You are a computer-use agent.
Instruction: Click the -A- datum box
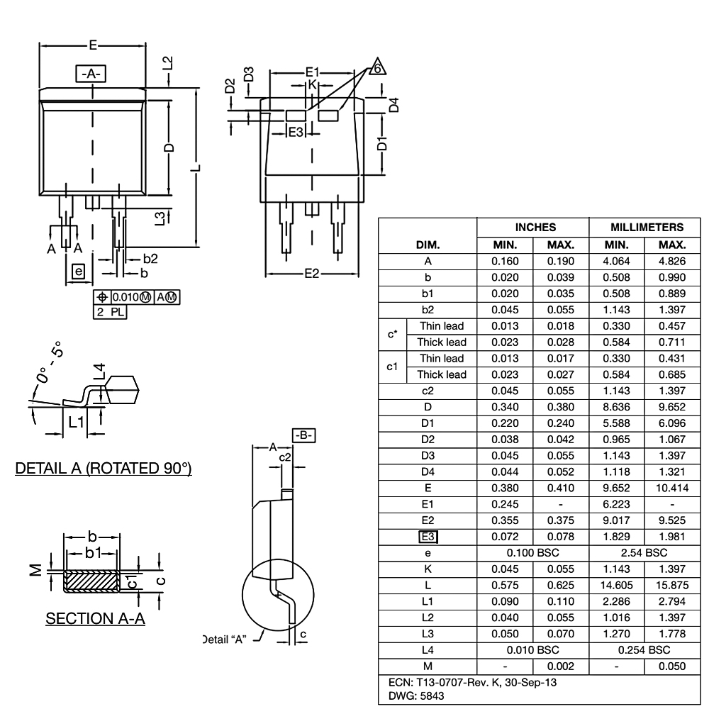coord(91,74)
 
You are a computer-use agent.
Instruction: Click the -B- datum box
coord(303,435)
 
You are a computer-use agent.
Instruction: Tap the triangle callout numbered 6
coord(378,67)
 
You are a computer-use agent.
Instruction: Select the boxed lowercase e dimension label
coord(78,271)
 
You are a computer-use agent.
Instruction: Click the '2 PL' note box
coord(110,311)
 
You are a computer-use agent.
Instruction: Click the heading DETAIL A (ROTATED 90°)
coord(104,469)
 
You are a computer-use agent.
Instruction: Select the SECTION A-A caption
coord(96,619)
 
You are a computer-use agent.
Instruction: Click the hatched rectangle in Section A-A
coord(91,581)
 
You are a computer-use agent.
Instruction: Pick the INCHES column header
coord(533,228)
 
